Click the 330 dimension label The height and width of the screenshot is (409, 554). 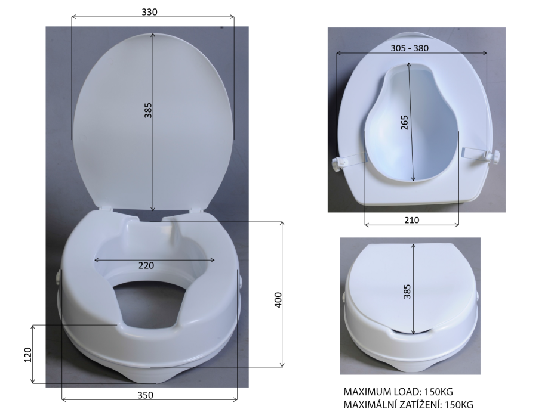coord(149,12)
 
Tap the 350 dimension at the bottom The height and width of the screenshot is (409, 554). coord(145,395)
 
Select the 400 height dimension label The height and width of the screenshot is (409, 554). coord(278,300)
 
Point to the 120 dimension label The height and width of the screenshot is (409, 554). coord(27,355)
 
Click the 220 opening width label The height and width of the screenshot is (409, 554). coord(146,265)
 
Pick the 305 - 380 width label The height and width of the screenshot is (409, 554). coord(410,48)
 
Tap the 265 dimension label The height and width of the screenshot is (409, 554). coord(405,122)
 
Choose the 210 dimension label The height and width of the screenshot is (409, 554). coord(411,220)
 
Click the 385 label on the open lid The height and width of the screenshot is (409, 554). coord(148,110)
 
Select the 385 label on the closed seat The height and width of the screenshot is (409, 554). coord(407,292)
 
